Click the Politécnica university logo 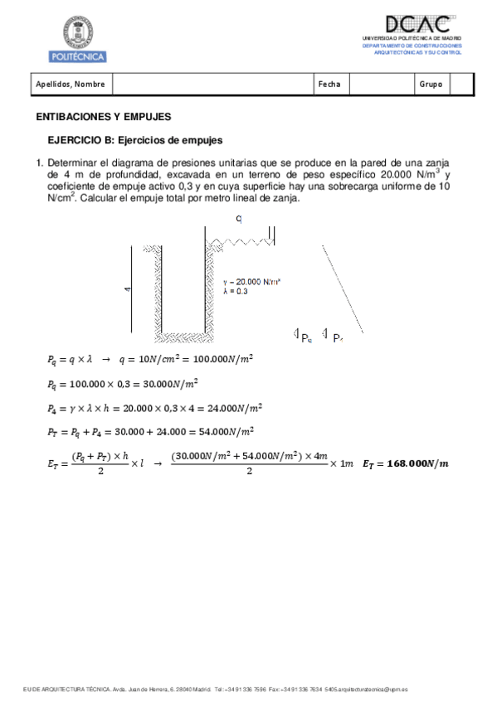click(78, 39)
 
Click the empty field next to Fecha click(382, 84)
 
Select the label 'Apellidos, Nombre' click(70, 84)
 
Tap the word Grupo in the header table click(431, 84)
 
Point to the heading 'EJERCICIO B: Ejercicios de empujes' click(134, 141)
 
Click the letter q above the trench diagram click(239, 218)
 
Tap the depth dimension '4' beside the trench click(127, 289)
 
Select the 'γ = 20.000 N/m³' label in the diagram click(252, 282)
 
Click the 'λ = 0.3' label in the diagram click(236, 291)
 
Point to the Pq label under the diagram click(306, 337)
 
